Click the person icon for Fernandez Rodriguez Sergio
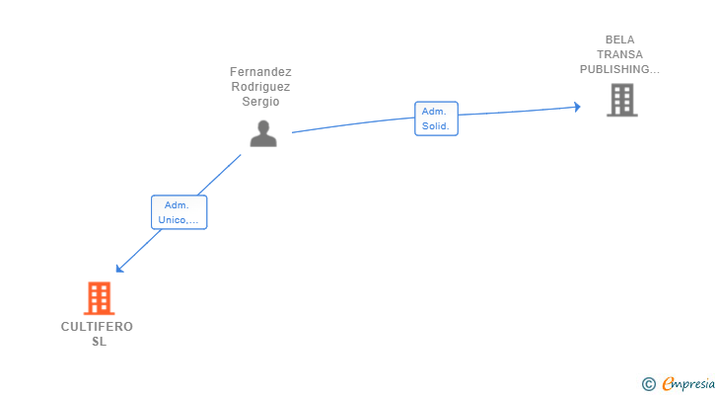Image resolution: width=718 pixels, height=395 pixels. pyautogui.click(x=263, y=133)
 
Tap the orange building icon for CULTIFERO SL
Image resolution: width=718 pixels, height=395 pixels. pyautogui.click(x=99, y=298)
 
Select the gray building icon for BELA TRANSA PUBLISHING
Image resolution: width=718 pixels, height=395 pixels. pyautogui.click(x=621, y=100)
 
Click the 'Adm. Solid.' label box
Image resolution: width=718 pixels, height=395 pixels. pyautogui.click(x=435, y=118)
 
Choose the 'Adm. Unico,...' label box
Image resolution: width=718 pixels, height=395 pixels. pyautogui.click(x=179, y=212)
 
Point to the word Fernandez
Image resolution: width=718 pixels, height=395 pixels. pyautogui.click(x=260, y=72)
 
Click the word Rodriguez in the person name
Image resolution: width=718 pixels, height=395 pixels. pyautogui.click(x=260, y=87)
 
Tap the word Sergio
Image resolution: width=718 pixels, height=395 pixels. pyautogui.click(x=260, y=102)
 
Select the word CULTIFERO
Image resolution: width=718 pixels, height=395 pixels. pyautogui.click(x=97, y=327)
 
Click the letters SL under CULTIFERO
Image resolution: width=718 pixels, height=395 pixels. pyautogui.click(x=98, y=342)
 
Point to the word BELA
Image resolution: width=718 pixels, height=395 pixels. pyautogui.click(x=620, y=40)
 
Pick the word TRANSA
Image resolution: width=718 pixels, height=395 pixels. pyautogui.click(x=619, y=55)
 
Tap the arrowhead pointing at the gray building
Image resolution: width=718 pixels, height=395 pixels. pyautogui.click(x=577, y=107)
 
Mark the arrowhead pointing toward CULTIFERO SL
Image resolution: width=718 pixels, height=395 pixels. pyautogui.click(x=119, y=269)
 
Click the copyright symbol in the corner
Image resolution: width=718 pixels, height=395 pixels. pyautogui.click(x=648, y=384)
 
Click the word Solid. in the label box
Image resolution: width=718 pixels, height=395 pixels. pyautogui.click(x=435, y=126)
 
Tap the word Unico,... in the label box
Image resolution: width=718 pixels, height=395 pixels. pyautogui.click(x=179, y=220)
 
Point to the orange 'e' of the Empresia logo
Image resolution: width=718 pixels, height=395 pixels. pyautogui.click(x=668, y=384)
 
